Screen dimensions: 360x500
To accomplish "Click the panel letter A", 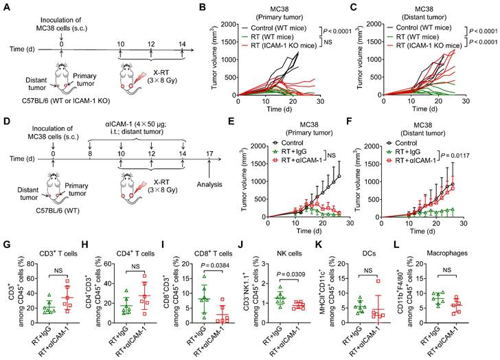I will (x=6, y=6).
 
